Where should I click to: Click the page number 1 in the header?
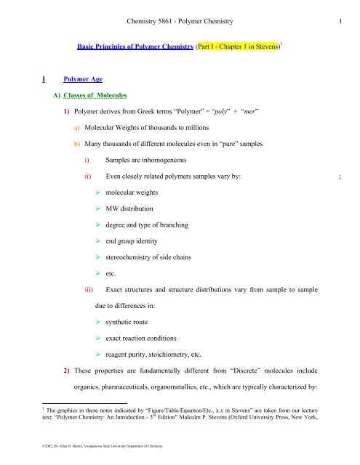pos(341,10)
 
